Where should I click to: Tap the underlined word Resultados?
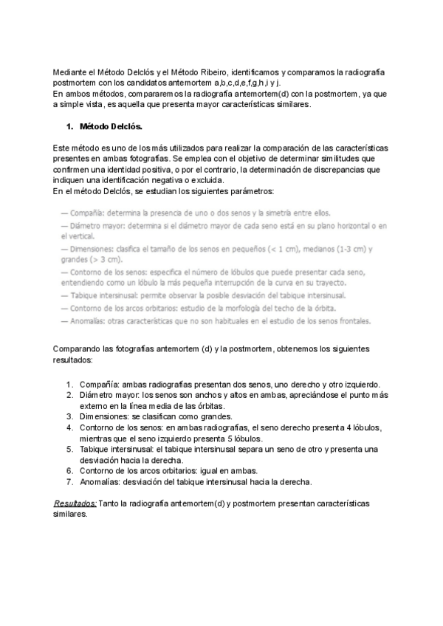pyautogui.click(x=76, y=502)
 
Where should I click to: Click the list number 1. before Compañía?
pyautogui.click(x=69, y=384)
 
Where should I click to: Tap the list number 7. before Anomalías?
pyautogui.click(x=69, y=481)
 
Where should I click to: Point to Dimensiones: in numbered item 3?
pyautogui.click(x=105, y=416)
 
